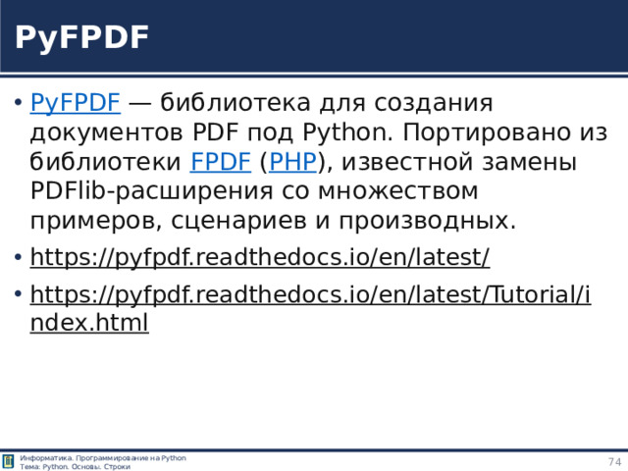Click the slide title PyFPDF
click(x=81, y=38)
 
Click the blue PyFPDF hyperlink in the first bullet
click(x=76, y=103)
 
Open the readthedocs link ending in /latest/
click(x=260, y=257)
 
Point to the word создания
click(x=437, y=103)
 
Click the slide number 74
click(x=614, y=462)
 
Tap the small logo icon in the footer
click(x=9, y=462)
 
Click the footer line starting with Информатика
click(x=103, y=458)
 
